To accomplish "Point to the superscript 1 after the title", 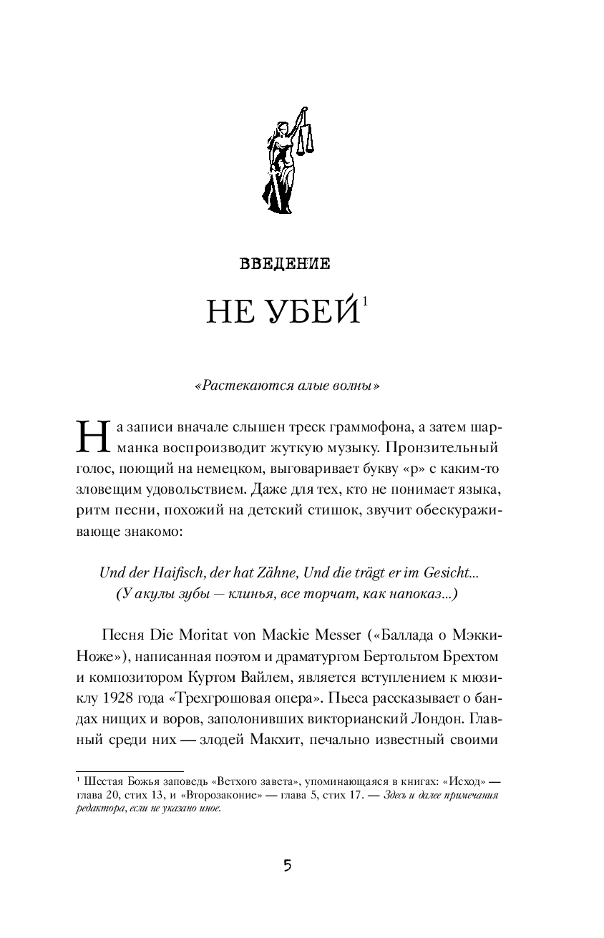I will (x=364, y=301).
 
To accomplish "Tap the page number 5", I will (x=286, y=866).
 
